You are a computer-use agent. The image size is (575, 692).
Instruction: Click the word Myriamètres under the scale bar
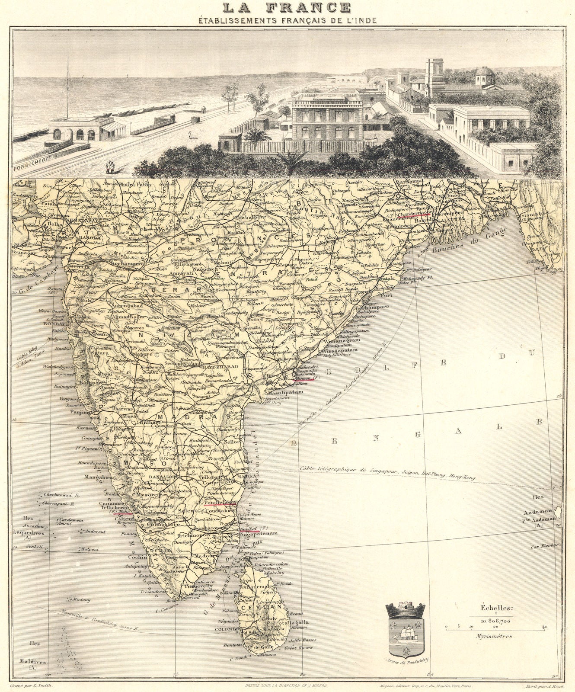click(493, 636)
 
